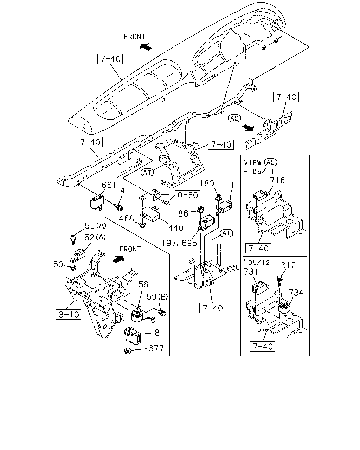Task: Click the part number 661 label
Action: click(x=109, y=185)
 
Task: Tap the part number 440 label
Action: click(x=176, y=228)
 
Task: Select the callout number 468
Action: click(x=126, y=219)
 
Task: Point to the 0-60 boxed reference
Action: click(x=187, y=195)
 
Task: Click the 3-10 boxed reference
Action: click(x=69, y=314)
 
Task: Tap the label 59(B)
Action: click(x=157, y=296)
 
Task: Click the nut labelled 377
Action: click(x=127, y=351)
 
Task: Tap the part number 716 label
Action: click(x=277, y=180)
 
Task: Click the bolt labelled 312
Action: click(x=279, y=281)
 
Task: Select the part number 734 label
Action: click(x=296, y=292)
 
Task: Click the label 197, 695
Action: click(x=179, y=243)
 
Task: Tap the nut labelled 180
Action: click(x=218, y=197)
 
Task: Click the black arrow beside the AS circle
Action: click(x=248, y=128)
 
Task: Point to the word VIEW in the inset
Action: click(x=253, y=163)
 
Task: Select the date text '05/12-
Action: click(x=258, y=262)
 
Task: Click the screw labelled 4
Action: click(x=119, y=207)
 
